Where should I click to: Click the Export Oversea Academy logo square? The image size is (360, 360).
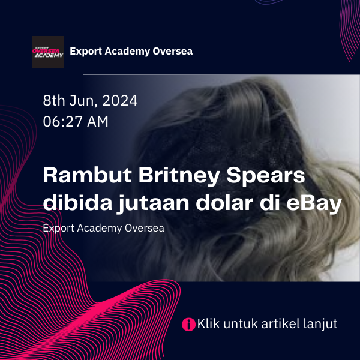(48, 52)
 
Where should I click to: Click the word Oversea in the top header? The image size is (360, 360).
(173, 51)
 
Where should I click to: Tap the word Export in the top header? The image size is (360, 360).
(86, 52)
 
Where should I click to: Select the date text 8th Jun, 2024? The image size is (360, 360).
(90, 101)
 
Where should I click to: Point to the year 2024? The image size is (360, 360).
(120, 100)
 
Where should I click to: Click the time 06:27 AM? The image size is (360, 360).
(76, 121)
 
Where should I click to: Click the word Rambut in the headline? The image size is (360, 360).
(87, 175)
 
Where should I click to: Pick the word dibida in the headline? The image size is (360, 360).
(77, 203)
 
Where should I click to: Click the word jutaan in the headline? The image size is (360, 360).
(154, 204)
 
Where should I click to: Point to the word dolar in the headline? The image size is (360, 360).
(224, 203)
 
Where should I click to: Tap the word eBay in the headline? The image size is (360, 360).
(314, 204)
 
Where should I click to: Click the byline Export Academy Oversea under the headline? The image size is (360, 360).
(104, 229)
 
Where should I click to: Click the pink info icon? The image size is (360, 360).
(188, 325)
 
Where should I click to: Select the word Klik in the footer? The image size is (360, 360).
(208, 324)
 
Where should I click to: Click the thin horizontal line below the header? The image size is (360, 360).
(221, 74)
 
